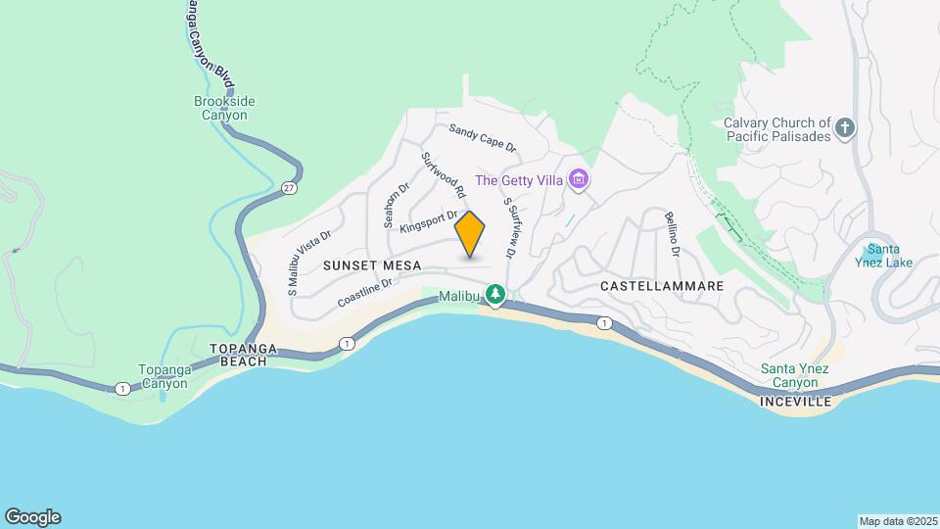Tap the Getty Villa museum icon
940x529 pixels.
coord(580,179)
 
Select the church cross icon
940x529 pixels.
coord(844,126)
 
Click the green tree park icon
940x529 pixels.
coord(496,294)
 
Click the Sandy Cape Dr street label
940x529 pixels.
coord(482,137)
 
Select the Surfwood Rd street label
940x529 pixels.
coord(443,176)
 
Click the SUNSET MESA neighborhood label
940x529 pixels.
coord(373,265)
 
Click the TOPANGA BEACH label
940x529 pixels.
coord(239,355)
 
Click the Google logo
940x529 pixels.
coord(32,517)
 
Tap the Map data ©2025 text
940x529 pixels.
coord(896,521)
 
